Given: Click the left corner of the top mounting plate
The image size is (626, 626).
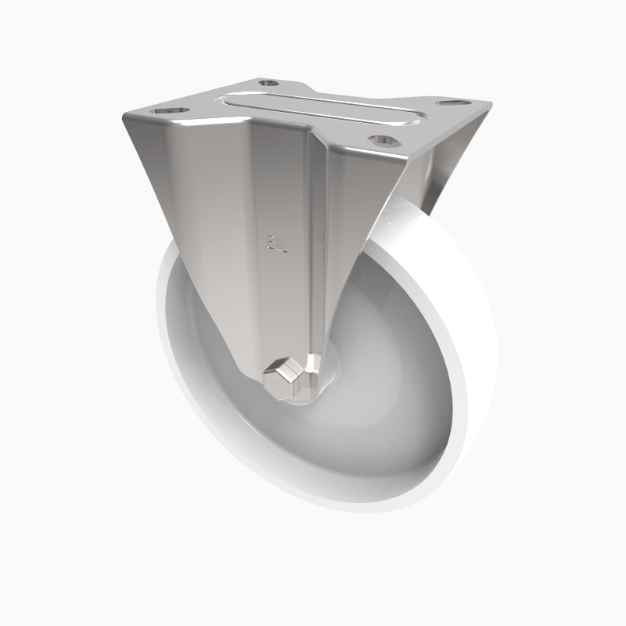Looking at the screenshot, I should pos(125,117).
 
